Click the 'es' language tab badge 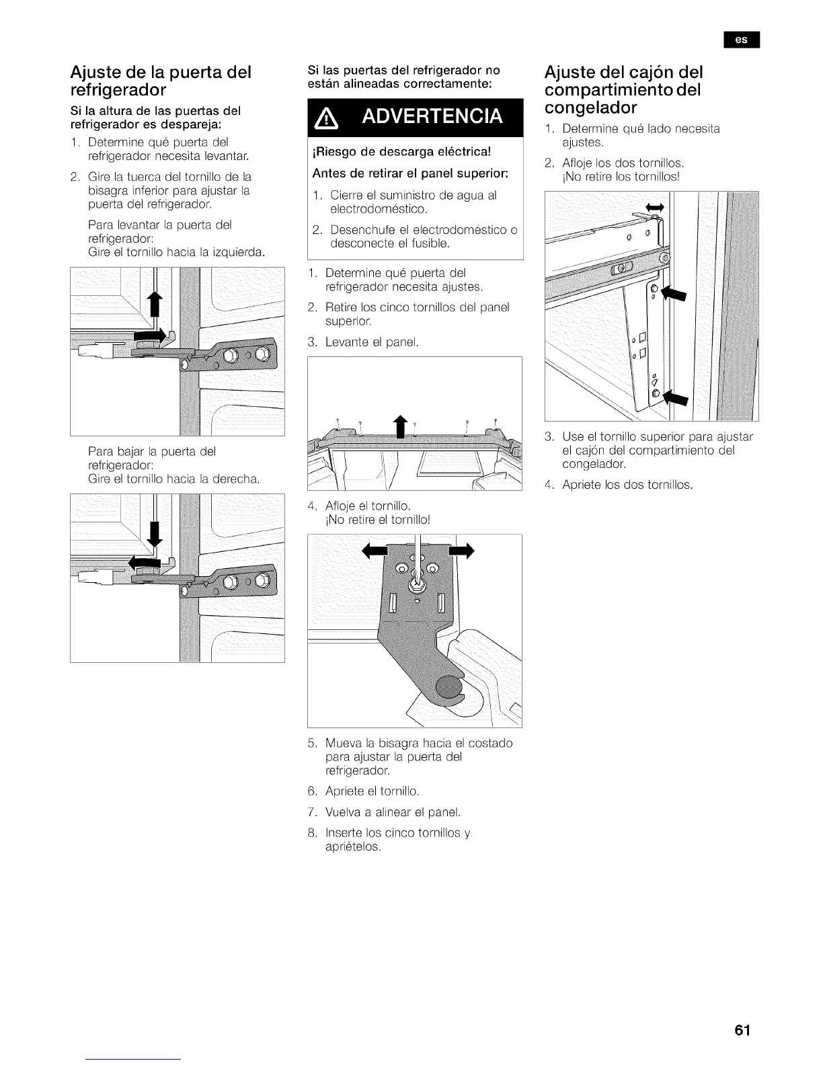tap(741, 40)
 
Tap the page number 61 tap(742, 1031)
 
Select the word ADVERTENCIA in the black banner tap(432, 116)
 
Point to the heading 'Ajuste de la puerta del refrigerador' tap(161, 81)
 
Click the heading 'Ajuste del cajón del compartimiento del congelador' tap(623, 89)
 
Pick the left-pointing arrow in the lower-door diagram tap(147, 561)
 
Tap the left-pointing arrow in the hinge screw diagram tap(376, 551)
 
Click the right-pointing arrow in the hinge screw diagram tap(461, 551)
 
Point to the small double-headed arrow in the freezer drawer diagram tap(654, 206)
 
